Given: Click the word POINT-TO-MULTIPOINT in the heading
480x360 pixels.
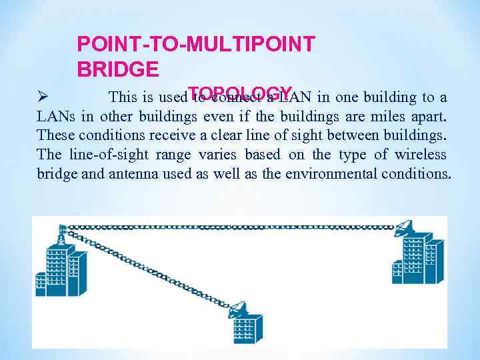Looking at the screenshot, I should click(196, 44).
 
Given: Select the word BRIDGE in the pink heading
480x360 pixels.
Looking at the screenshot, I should click(118, 69).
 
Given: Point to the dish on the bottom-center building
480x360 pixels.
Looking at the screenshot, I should click(237, 309).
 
